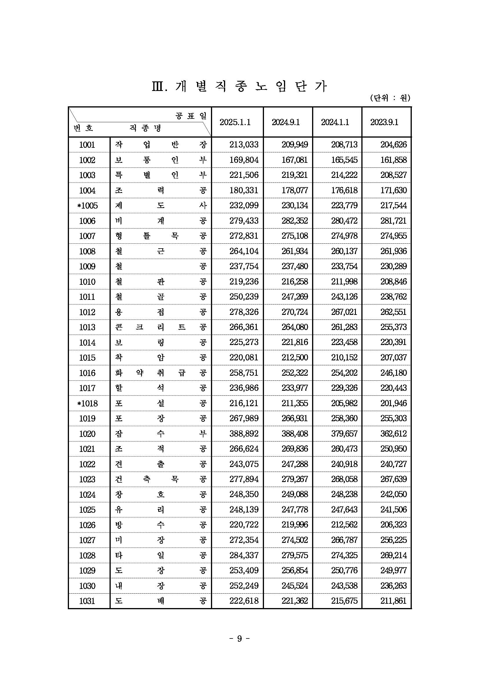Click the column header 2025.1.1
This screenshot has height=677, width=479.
(235, 122)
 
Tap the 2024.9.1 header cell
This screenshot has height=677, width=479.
(285, 122)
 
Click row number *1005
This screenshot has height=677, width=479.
(87, 205)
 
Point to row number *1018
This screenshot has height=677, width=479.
(87, 403)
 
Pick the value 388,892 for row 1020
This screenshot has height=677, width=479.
(244, 434)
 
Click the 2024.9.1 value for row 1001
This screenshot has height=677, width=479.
(294, 145)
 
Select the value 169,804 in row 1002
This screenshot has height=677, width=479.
(244, 160)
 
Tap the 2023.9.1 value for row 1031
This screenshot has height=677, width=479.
(393, 601)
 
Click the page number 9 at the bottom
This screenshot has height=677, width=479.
(239, 639)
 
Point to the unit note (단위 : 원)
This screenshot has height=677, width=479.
(390, 98)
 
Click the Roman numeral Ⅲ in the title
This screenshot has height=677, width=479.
(158, 87)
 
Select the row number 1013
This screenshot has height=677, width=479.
(87, 327)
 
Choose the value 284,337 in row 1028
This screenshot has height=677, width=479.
(244, 556)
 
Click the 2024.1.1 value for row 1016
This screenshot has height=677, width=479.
(344, 373)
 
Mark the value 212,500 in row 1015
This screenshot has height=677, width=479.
(294, 358)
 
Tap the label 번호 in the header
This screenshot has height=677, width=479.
(83, 128)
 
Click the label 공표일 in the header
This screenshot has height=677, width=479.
(191, 116)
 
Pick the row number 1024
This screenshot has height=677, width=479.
(87, 494)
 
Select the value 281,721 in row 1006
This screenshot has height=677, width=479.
(393, 221)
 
